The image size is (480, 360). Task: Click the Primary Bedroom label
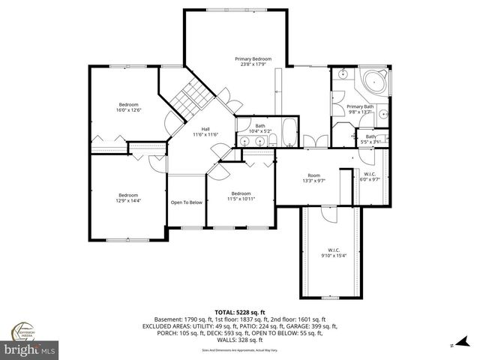(252, 62)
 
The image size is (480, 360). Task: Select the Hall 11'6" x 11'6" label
(205, 132)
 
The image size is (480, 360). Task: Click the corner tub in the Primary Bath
(373, 82)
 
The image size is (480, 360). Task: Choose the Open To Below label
(186, 202)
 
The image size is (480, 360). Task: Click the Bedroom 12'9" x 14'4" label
(129, 197)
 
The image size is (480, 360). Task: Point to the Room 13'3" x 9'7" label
(312, 178)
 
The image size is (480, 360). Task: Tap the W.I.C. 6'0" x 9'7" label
(370, 178)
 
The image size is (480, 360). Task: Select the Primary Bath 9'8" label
(360, 109)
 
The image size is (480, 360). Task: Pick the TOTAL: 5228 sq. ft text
(240, 311)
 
